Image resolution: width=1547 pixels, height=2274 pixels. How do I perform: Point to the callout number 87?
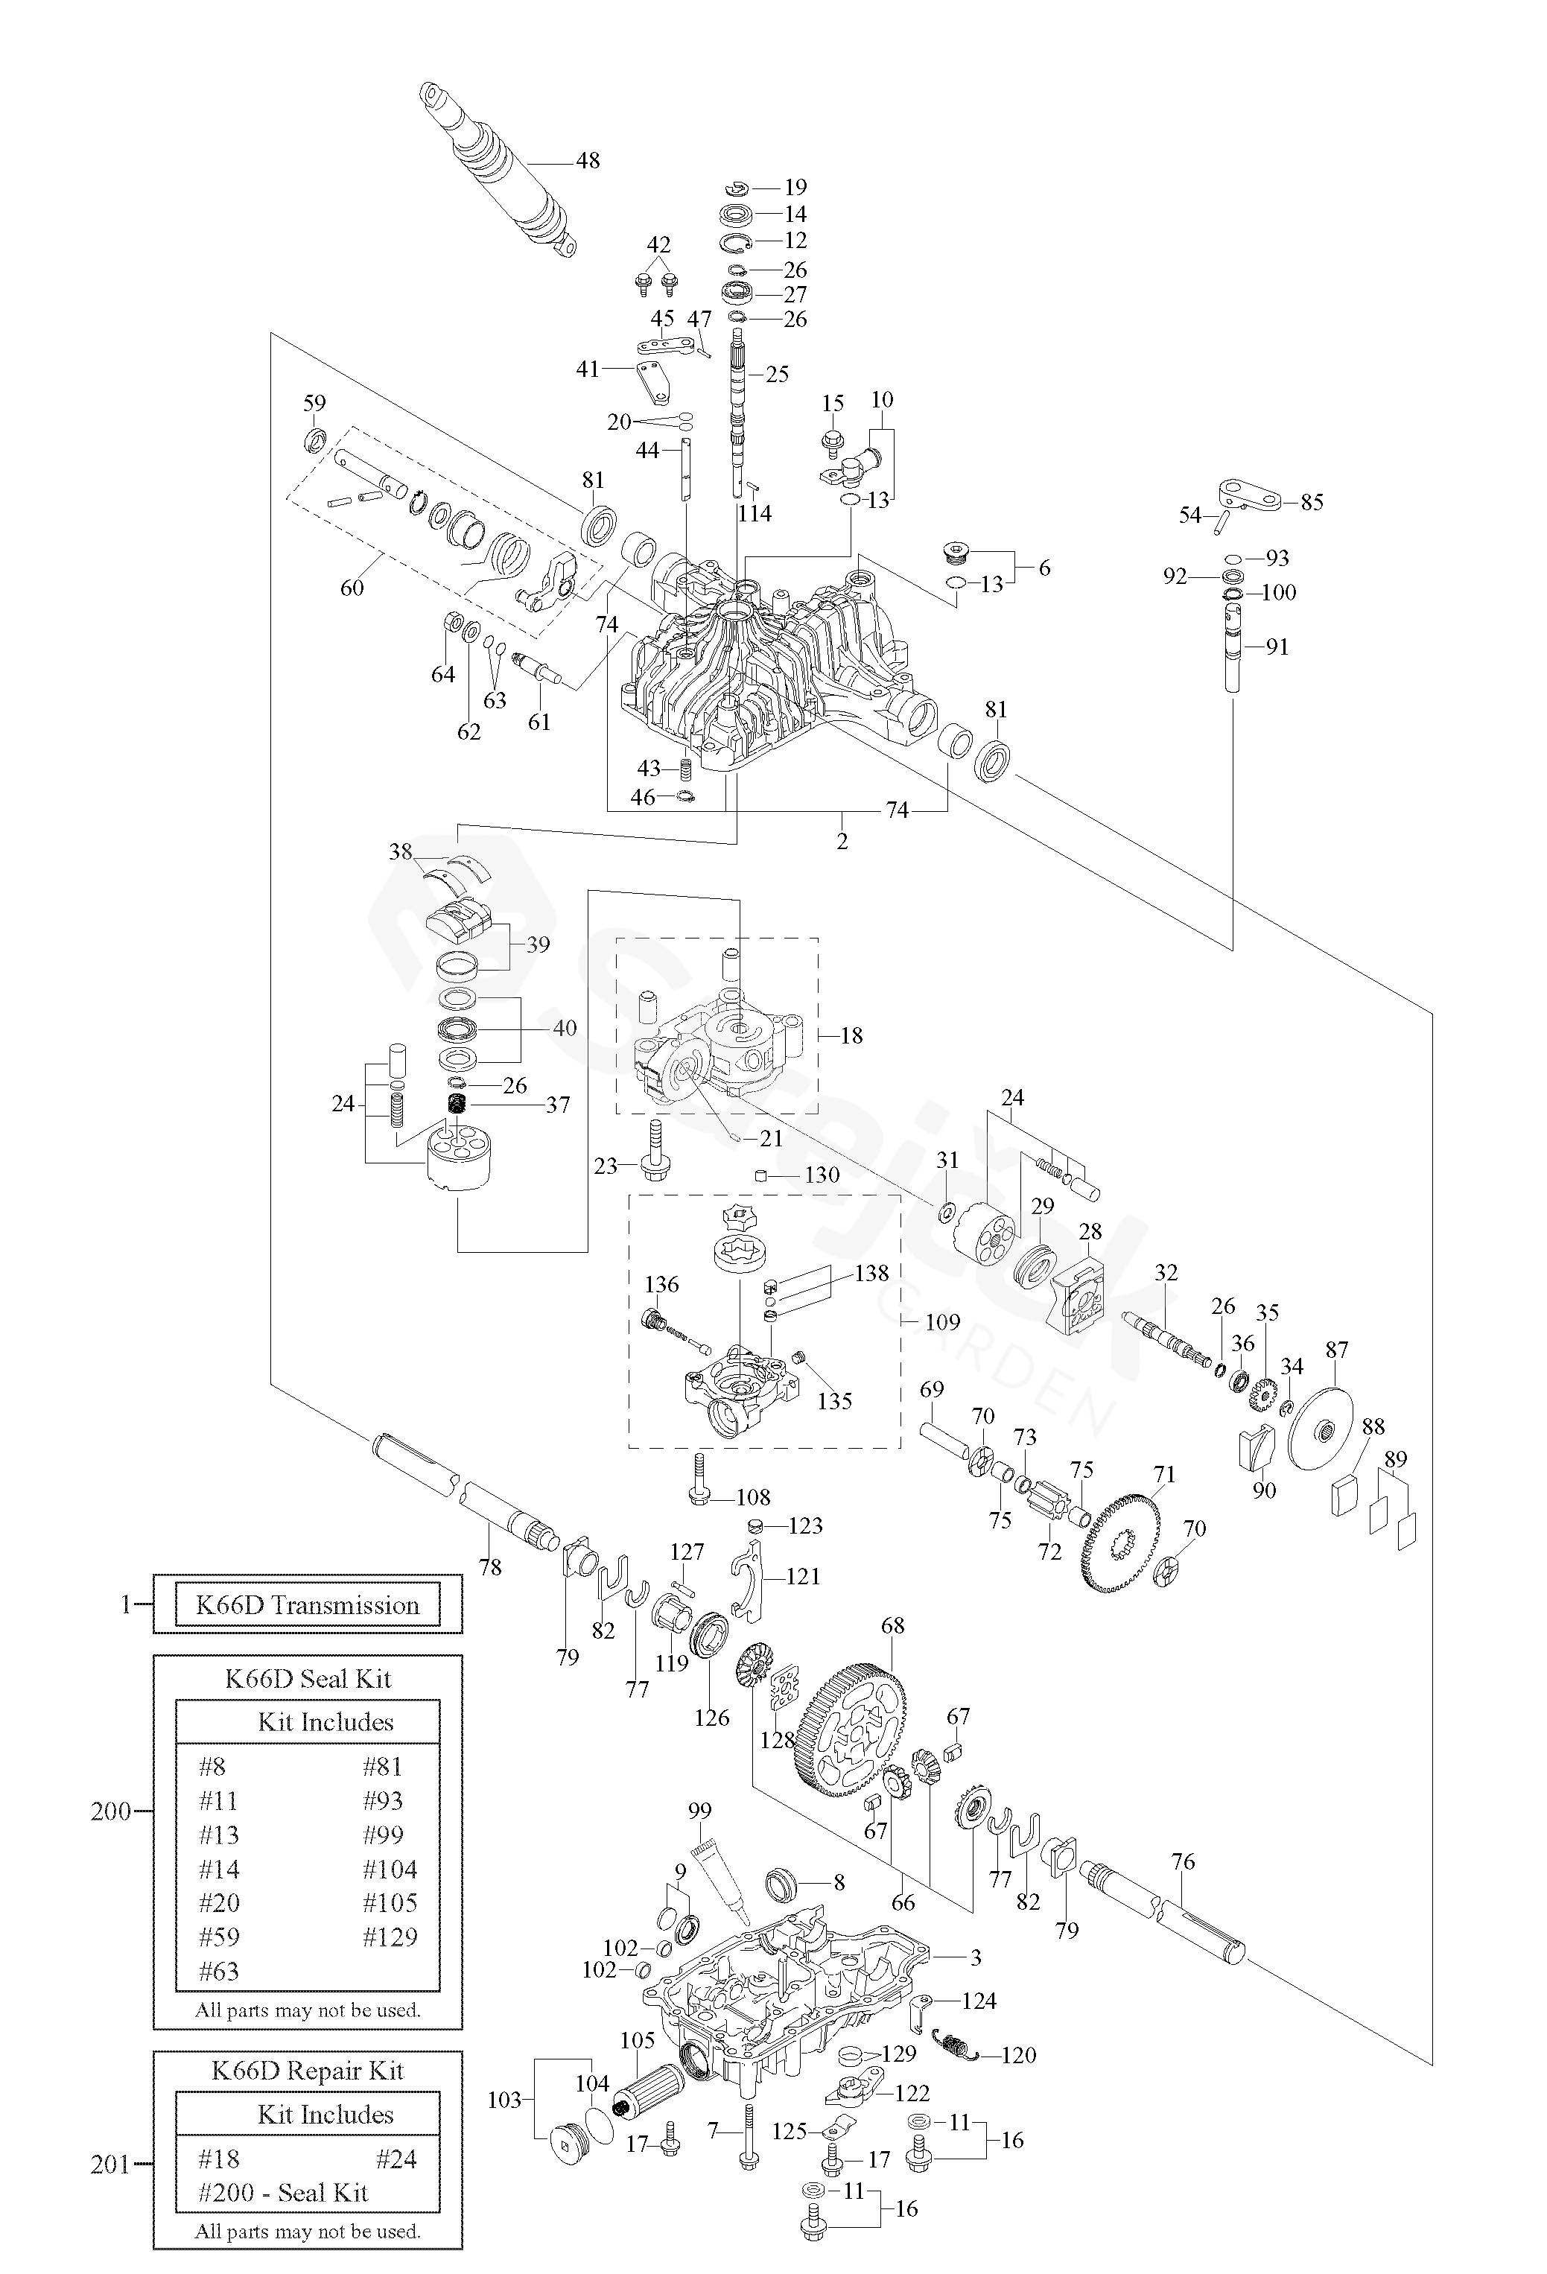click(x=1337, y=1350)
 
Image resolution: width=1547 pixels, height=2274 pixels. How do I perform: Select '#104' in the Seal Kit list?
click(x=390, y=1869)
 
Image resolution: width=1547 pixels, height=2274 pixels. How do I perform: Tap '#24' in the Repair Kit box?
click(x=396, y=2158)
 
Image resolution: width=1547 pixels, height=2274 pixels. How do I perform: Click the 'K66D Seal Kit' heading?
click(x=308, y=1679)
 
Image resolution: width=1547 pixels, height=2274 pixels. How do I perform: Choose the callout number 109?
click(x=941, y=1322)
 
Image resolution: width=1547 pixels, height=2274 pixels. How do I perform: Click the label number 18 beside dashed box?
click(x=851, y=1035)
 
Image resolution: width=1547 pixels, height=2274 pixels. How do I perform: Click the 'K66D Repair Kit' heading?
click(x=308, y=2071)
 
